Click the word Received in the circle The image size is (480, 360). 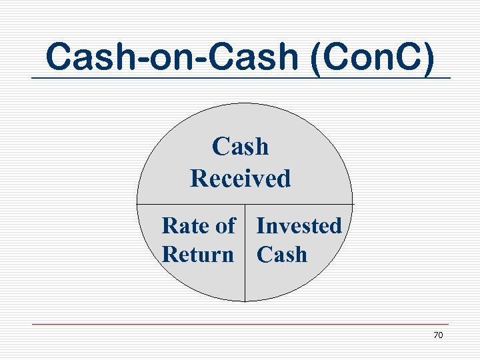241,179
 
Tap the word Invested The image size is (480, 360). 299,226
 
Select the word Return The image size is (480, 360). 198,255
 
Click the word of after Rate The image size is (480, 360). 225,226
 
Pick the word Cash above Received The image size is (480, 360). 240,147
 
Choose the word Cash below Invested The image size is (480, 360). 282,255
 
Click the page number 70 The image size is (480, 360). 438,335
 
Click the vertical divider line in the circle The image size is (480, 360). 245,267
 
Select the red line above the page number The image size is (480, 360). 240,325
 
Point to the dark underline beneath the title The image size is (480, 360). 240,79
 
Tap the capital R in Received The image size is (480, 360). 198,179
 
